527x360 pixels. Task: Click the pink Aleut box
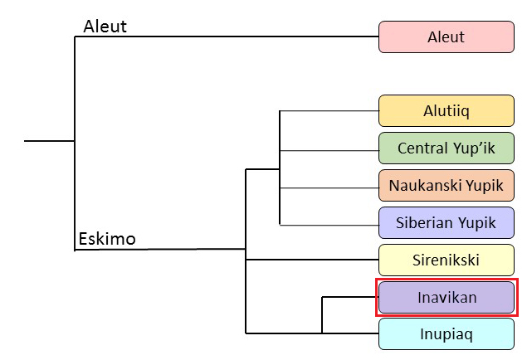coord(446,37)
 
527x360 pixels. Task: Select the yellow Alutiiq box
coord(446,111)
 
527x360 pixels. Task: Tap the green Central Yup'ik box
coord(446,148)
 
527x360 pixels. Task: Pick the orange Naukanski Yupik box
coord(446,185)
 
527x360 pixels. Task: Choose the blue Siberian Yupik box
coord(446,222)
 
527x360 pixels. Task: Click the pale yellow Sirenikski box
coord(446,260)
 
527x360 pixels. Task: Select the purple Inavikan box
coord(446,297)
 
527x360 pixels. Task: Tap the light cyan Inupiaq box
coord(446,334)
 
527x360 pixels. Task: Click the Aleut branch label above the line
coord(105,27)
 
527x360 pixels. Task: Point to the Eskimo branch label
coord(107,239)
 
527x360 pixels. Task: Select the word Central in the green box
coord(423,148)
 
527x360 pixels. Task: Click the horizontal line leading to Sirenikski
coord(312,260)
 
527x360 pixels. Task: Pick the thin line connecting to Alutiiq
coord(329,110)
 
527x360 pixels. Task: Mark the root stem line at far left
coord(50,141)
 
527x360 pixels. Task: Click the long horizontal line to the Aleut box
coord(227,36)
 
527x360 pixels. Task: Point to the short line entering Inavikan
coord(350,297)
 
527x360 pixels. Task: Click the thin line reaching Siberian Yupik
coord(329,225)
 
